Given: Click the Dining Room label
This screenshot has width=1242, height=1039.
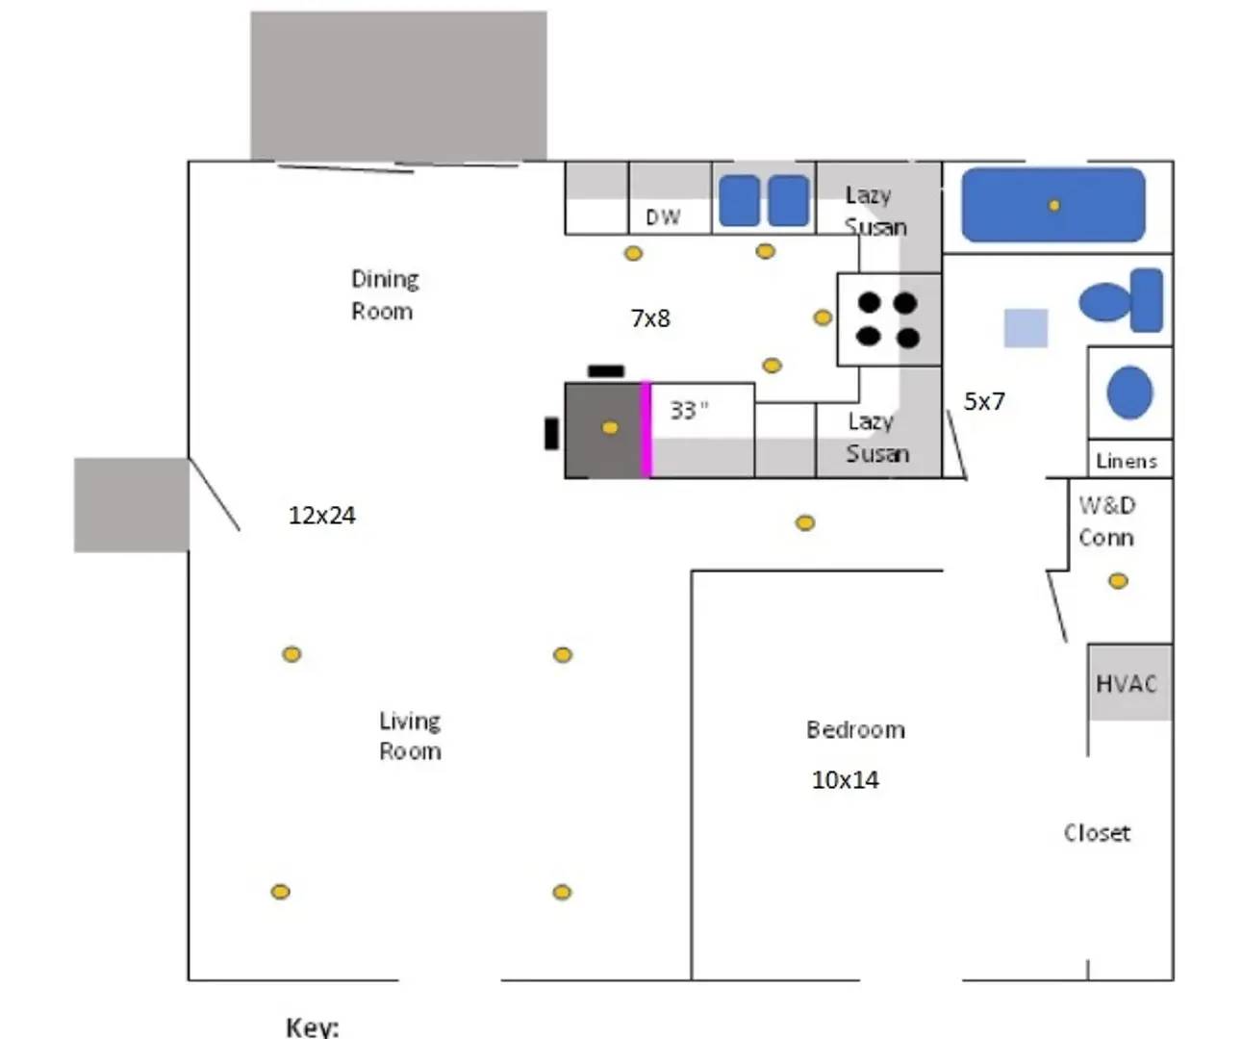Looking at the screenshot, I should [x=384, y=294].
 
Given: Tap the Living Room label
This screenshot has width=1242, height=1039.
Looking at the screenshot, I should [x=410, y=736].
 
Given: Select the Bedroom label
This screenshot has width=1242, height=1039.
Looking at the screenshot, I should [x=855, y=730].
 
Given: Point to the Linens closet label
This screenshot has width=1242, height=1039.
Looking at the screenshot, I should [x=1127, y=461].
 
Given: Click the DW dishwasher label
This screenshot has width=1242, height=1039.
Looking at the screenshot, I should [x=663, y=217].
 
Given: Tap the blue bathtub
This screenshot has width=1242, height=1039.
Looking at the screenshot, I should [x=1053, y=205].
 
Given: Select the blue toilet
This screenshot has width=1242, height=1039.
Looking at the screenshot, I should [x=1122, y=301].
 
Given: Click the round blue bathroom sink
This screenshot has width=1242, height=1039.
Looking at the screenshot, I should [x=1129, y=393].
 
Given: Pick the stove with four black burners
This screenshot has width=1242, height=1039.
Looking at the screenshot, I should [x=889, y=319].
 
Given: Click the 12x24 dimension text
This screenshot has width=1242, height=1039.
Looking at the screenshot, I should [x=321, y=516].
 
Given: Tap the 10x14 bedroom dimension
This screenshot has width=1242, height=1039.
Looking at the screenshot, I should [x=845, y=780].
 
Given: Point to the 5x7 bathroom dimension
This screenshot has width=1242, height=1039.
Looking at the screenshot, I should [x=984, y=401].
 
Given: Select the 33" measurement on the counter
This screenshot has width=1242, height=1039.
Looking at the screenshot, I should [x=689, y=410].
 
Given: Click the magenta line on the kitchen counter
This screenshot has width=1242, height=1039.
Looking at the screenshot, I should [x=646, y=429].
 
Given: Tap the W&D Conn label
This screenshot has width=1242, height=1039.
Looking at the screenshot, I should [x=1106, y=521].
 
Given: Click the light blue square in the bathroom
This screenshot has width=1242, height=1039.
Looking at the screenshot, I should [x=1026, y=328].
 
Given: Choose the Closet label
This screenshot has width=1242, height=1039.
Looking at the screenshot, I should [x=1097, y=833].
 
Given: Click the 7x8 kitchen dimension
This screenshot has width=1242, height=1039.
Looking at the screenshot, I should [x=650, y=318].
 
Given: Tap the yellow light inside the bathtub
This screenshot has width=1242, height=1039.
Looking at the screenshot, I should [x=1054, y=205].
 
